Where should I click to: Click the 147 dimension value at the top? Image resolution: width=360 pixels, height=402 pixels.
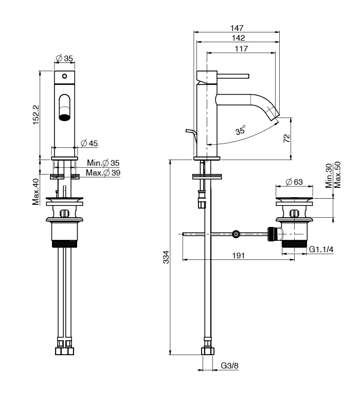point(237,28)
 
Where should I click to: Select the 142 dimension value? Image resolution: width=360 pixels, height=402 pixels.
point(238,38)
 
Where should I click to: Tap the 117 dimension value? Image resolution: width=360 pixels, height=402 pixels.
point(241,48)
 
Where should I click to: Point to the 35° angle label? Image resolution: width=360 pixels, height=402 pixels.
point(241,130)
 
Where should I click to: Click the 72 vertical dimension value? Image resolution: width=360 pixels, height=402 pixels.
point(287,138)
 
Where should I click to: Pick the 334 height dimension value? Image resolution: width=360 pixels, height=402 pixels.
point(166,257)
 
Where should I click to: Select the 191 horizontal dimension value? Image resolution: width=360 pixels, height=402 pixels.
point(238,256)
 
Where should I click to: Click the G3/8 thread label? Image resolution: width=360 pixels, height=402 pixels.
point(229,365)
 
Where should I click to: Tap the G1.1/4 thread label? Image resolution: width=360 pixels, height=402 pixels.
point(321,249)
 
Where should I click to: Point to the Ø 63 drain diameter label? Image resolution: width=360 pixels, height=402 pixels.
point(294,182)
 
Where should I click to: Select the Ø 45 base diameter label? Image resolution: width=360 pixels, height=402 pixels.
point(89,143)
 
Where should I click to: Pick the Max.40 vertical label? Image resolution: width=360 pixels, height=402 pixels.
point(36,192)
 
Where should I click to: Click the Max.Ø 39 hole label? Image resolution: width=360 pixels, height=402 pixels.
point(103,172)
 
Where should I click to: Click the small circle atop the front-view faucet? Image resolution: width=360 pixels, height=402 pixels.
point(65,76)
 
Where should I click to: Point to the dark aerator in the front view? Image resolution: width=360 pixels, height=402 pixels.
point(65,117)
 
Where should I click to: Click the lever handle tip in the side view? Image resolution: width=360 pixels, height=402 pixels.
point(248,76)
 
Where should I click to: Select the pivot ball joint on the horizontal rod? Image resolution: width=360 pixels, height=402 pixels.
point(236,234)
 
